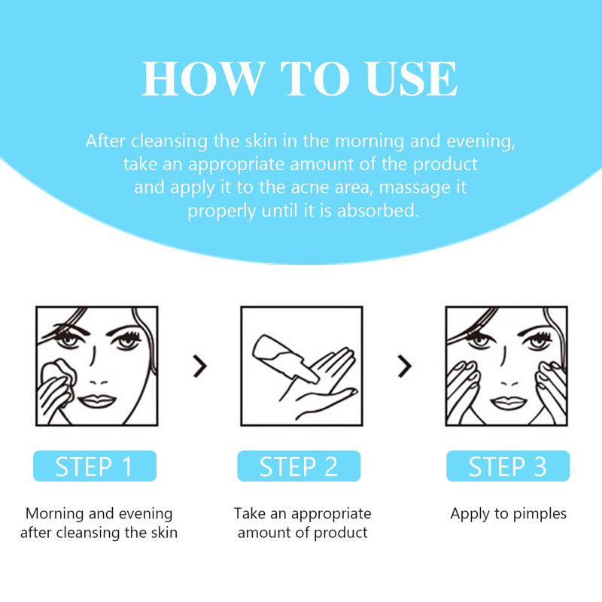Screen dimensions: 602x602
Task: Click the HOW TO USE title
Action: [x=300, y=78]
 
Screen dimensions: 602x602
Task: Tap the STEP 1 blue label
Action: [x=94, y=467]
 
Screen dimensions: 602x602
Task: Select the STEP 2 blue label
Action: [x=299, y=467]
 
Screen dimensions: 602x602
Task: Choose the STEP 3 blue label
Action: [x=507, y=467]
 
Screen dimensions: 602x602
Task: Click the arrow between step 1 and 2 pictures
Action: [x=199, y=366]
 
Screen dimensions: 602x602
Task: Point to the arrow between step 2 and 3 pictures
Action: [x=405, y=366]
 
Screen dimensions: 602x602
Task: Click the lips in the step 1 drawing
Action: [x=96, y=400]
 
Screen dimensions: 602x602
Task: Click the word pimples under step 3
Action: [x=538, y=514]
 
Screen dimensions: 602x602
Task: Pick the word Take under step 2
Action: [x=250, y=514]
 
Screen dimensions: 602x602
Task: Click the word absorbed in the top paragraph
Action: [x=378, y=211]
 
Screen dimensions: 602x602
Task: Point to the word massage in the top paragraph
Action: [x=415, y=187]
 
